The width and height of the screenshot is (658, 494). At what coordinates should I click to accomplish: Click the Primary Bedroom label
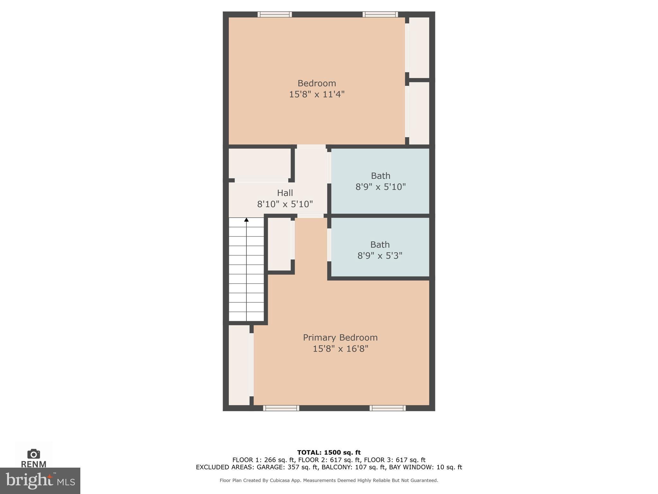(340, 337)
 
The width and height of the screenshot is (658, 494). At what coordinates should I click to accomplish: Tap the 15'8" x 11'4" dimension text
(317, 94)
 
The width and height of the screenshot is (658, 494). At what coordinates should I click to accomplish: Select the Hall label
(285, 193)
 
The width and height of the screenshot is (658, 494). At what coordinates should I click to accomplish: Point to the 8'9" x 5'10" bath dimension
(380, 187)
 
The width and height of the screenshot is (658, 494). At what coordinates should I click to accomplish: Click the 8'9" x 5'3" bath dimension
(380, 256)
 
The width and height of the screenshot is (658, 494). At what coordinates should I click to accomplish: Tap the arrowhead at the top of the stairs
(246, 220)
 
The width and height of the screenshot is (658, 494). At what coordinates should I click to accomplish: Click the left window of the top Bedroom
(275, 14)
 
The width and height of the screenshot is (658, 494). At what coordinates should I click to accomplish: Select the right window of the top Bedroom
(380, 14)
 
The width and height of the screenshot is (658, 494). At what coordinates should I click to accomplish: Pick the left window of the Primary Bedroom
(281, 408)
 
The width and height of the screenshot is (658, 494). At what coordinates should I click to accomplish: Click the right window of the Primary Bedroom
(387, 408)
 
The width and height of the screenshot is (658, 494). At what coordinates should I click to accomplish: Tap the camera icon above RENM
(33, 454)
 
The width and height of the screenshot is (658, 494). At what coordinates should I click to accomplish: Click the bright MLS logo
(40, 480)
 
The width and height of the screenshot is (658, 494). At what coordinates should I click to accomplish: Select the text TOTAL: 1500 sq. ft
(329, 453)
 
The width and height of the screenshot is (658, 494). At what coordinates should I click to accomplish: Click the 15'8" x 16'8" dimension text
(340, 349)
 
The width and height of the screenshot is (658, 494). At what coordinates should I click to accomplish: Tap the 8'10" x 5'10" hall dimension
(285, 204)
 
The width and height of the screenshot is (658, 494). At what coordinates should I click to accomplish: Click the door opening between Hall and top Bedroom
(311, 147)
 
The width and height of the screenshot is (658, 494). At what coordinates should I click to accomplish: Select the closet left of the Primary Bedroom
(239, 365)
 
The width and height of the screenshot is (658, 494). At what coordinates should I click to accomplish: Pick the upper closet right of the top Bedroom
(419, 47)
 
